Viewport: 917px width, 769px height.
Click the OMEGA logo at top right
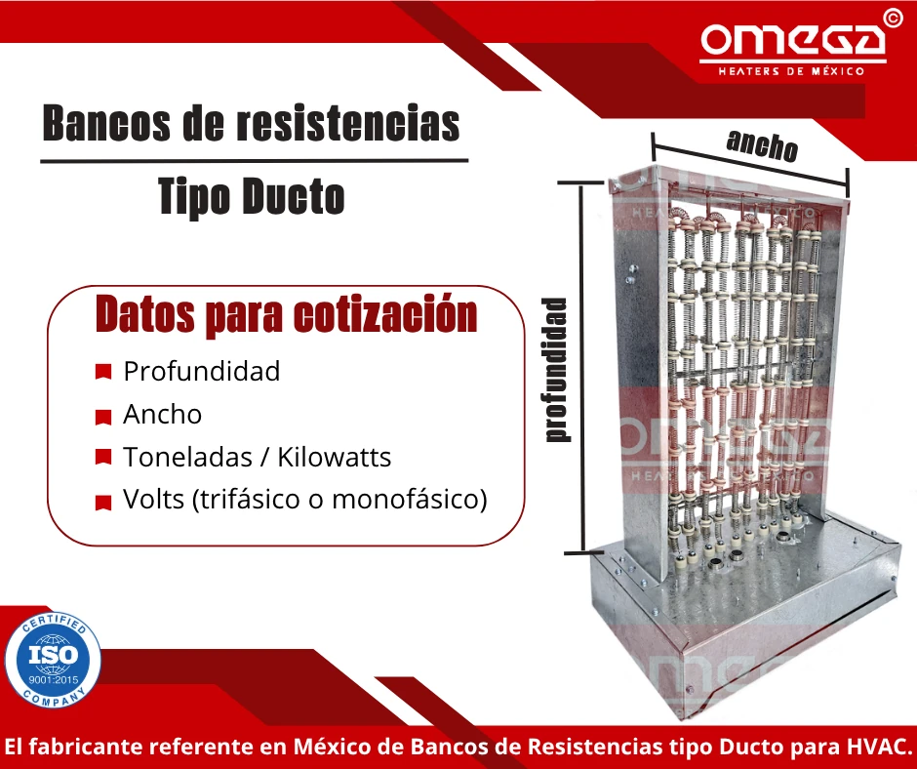point(792,40)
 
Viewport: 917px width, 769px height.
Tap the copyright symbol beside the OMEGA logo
point(891,18)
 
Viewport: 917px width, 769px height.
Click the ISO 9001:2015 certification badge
point(53,659)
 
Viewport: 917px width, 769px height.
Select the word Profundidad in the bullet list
point(201,371)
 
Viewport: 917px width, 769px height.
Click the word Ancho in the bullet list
point(162,414)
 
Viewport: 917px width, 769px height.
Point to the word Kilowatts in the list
point(335,457)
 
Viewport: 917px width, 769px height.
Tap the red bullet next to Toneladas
point(102,457)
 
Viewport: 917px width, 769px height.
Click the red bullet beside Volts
point(102,502)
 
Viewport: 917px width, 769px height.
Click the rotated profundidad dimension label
point(557,369)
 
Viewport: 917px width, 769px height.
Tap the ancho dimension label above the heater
point(762,145)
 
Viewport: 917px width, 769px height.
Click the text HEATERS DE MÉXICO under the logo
point(790,71)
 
